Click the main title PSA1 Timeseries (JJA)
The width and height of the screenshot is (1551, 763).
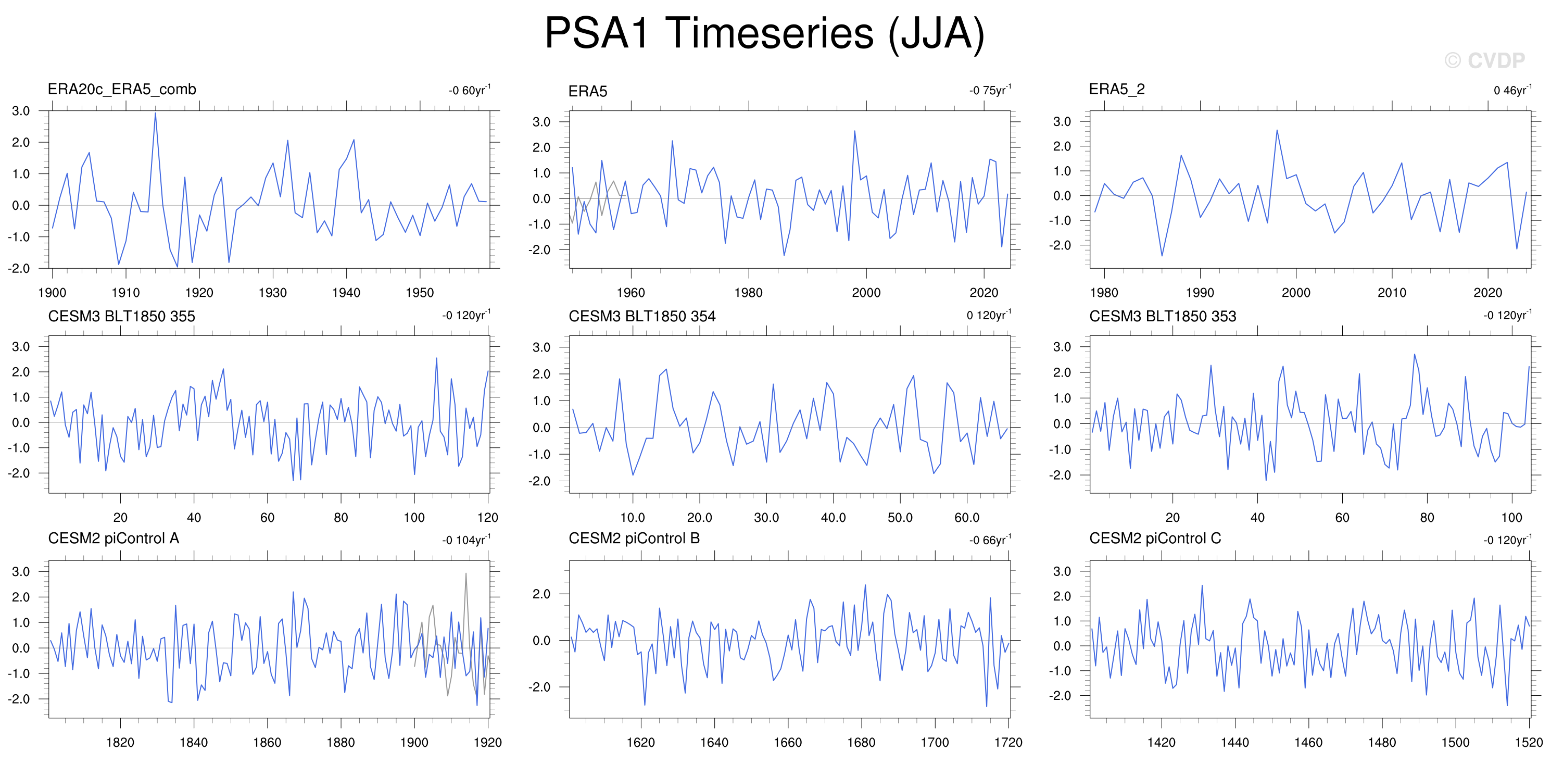click(x=764, y=33)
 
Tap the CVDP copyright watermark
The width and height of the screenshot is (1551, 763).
click(x=1484, y=60)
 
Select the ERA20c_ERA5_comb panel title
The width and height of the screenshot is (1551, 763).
click(x=122, y=89)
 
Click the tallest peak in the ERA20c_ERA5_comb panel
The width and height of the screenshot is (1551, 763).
click(x=155, y=113)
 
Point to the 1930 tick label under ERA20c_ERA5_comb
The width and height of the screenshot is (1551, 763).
click(x=272, y=293)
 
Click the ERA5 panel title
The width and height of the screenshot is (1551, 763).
click(x=588, y=92)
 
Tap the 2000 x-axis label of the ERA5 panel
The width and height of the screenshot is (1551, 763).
click(x=866, y=293)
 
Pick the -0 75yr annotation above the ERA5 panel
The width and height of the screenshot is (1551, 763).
click(x=990, y=90)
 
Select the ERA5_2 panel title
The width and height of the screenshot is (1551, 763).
click(x=1116, y=89)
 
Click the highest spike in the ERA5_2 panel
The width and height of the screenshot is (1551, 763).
click(x=1277, y=131)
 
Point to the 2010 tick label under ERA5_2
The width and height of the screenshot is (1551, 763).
click(x=1392, y=293)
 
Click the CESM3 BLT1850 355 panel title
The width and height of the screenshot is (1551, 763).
click(x=122, y=316)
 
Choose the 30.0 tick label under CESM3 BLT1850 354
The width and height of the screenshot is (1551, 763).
click(x=766, y=517)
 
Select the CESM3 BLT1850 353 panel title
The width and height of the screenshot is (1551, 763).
click(x=1163, y=316)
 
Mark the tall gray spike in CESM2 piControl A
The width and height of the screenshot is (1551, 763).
click(x=465, y=574)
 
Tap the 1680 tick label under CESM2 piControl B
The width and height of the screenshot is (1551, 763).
click(x=861, y=742)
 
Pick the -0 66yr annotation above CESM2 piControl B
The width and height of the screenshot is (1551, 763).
click(x=990, y=540)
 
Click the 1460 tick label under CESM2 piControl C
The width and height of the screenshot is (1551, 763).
click(x=1308, y=742)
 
